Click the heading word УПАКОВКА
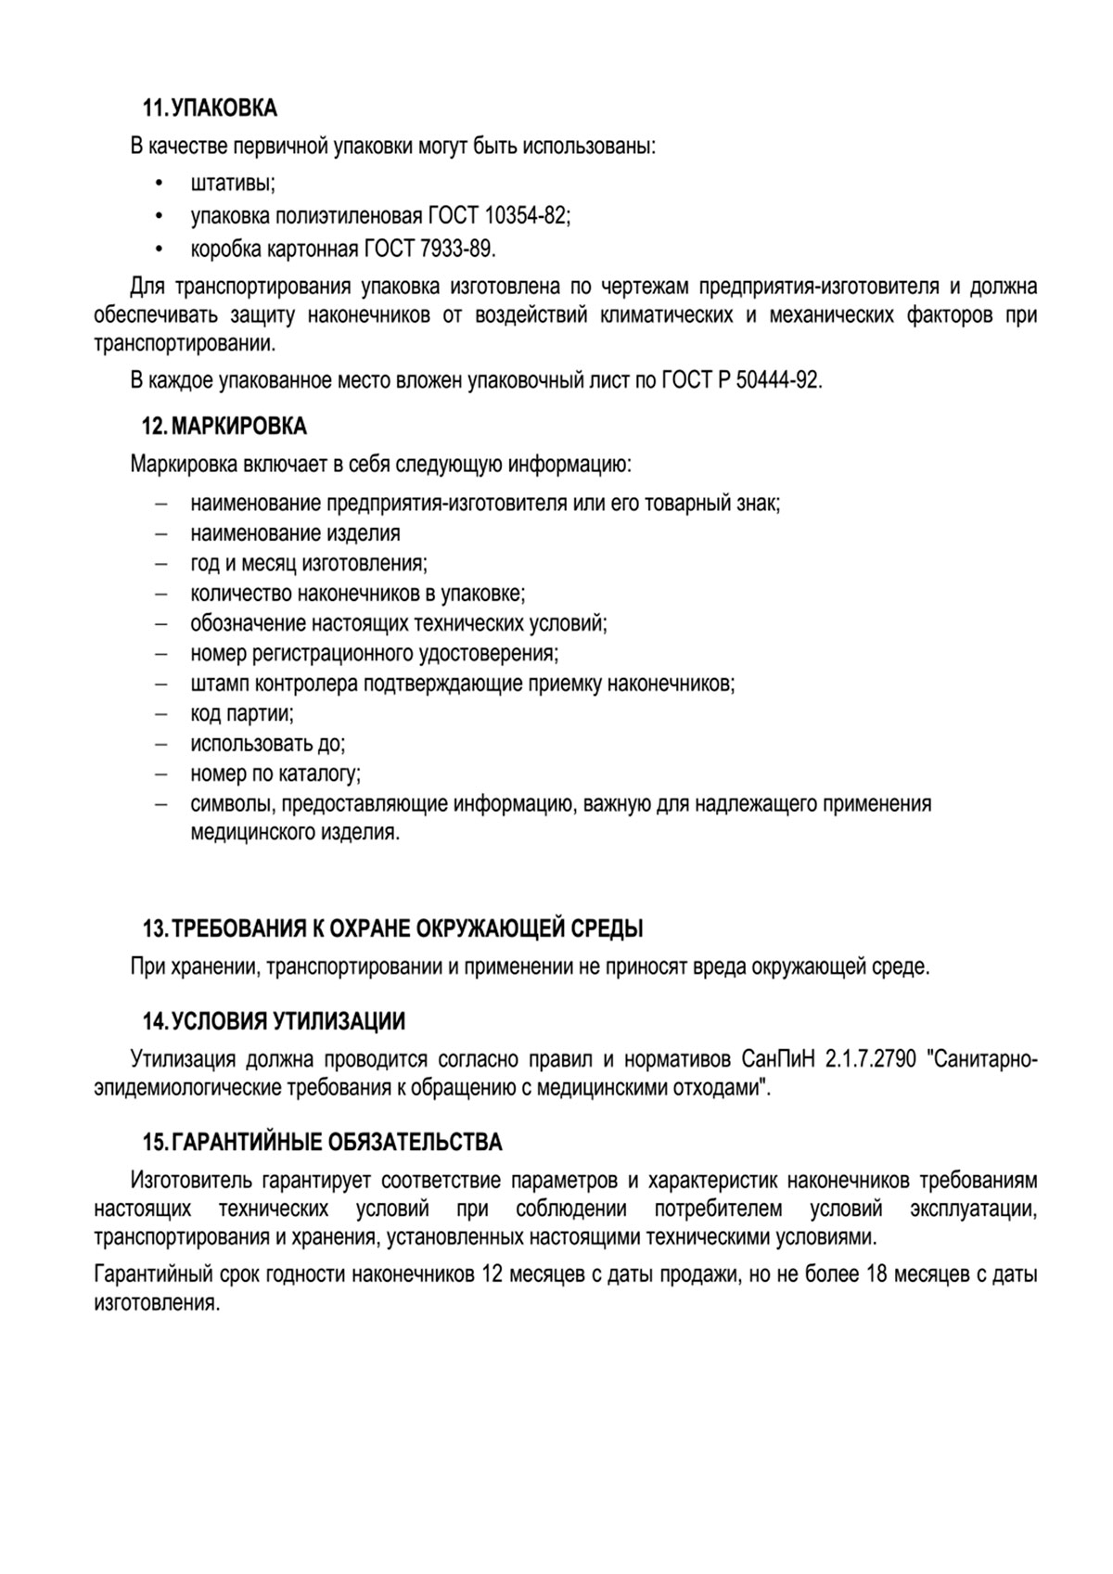pyautogui.click(x=225, y=109)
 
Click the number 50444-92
pyautogui.click(x=777, y=381)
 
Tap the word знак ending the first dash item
pyautogui.click(x=759, y=504)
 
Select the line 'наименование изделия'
pyautogui.click(x=295, y=533)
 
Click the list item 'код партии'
pyautogui.click(x=241, y=714)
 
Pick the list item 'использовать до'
pyautogui.click(x=267, y=744)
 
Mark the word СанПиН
pyautogui.click(x=774, y=1059)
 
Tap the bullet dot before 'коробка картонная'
pyautogui.click(x=160, y=250)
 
